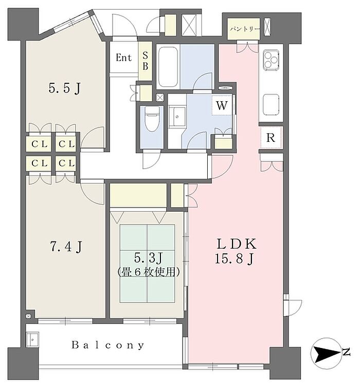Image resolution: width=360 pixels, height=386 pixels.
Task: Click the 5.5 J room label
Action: [64, 88]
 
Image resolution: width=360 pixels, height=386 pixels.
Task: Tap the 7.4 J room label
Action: [66, 246]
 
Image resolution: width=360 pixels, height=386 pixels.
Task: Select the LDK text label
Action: [236, 244]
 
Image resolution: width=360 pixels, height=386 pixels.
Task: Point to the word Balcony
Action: [107, 345]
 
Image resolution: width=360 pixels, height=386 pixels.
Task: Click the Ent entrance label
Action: [123, 58]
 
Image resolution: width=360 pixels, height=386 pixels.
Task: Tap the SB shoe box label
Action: [145, 61]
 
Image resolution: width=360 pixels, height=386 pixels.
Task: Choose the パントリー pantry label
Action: [244, 29]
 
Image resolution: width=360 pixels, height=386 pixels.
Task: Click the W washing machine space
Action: [222, 105]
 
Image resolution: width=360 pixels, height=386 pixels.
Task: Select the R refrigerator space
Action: [271, 138]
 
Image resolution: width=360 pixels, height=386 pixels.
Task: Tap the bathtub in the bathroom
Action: [168, 67]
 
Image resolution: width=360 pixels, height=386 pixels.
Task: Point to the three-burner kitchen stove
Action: [271, 59]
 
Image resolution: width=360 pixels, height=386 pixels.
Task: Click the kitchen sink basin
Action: [271, 105]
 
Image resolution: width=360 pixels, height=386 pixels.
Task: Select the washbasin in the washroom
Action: [177, 117]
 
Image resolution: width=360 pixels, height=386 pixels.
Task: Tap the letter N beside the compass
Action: [346, 352]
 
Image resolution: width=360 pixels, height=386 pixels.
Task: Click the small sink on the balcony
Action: [32, 339]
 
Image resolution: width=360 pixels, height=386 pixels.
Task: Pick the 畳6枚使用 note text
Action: [148, 272]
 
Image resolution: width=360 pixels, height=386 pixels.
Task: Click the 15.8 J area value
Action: [234, 259]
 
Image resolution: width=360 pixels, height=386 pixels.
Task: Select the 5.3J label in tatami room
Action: [148, 258]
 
